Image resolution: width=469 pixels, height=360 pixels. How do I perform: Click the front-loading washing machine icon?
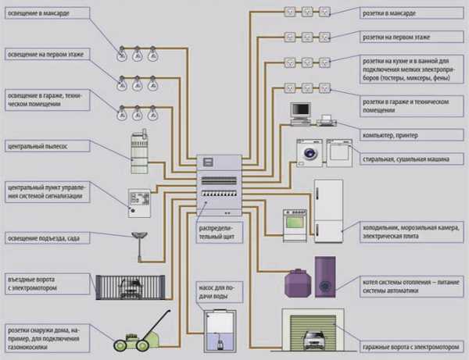307,153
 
